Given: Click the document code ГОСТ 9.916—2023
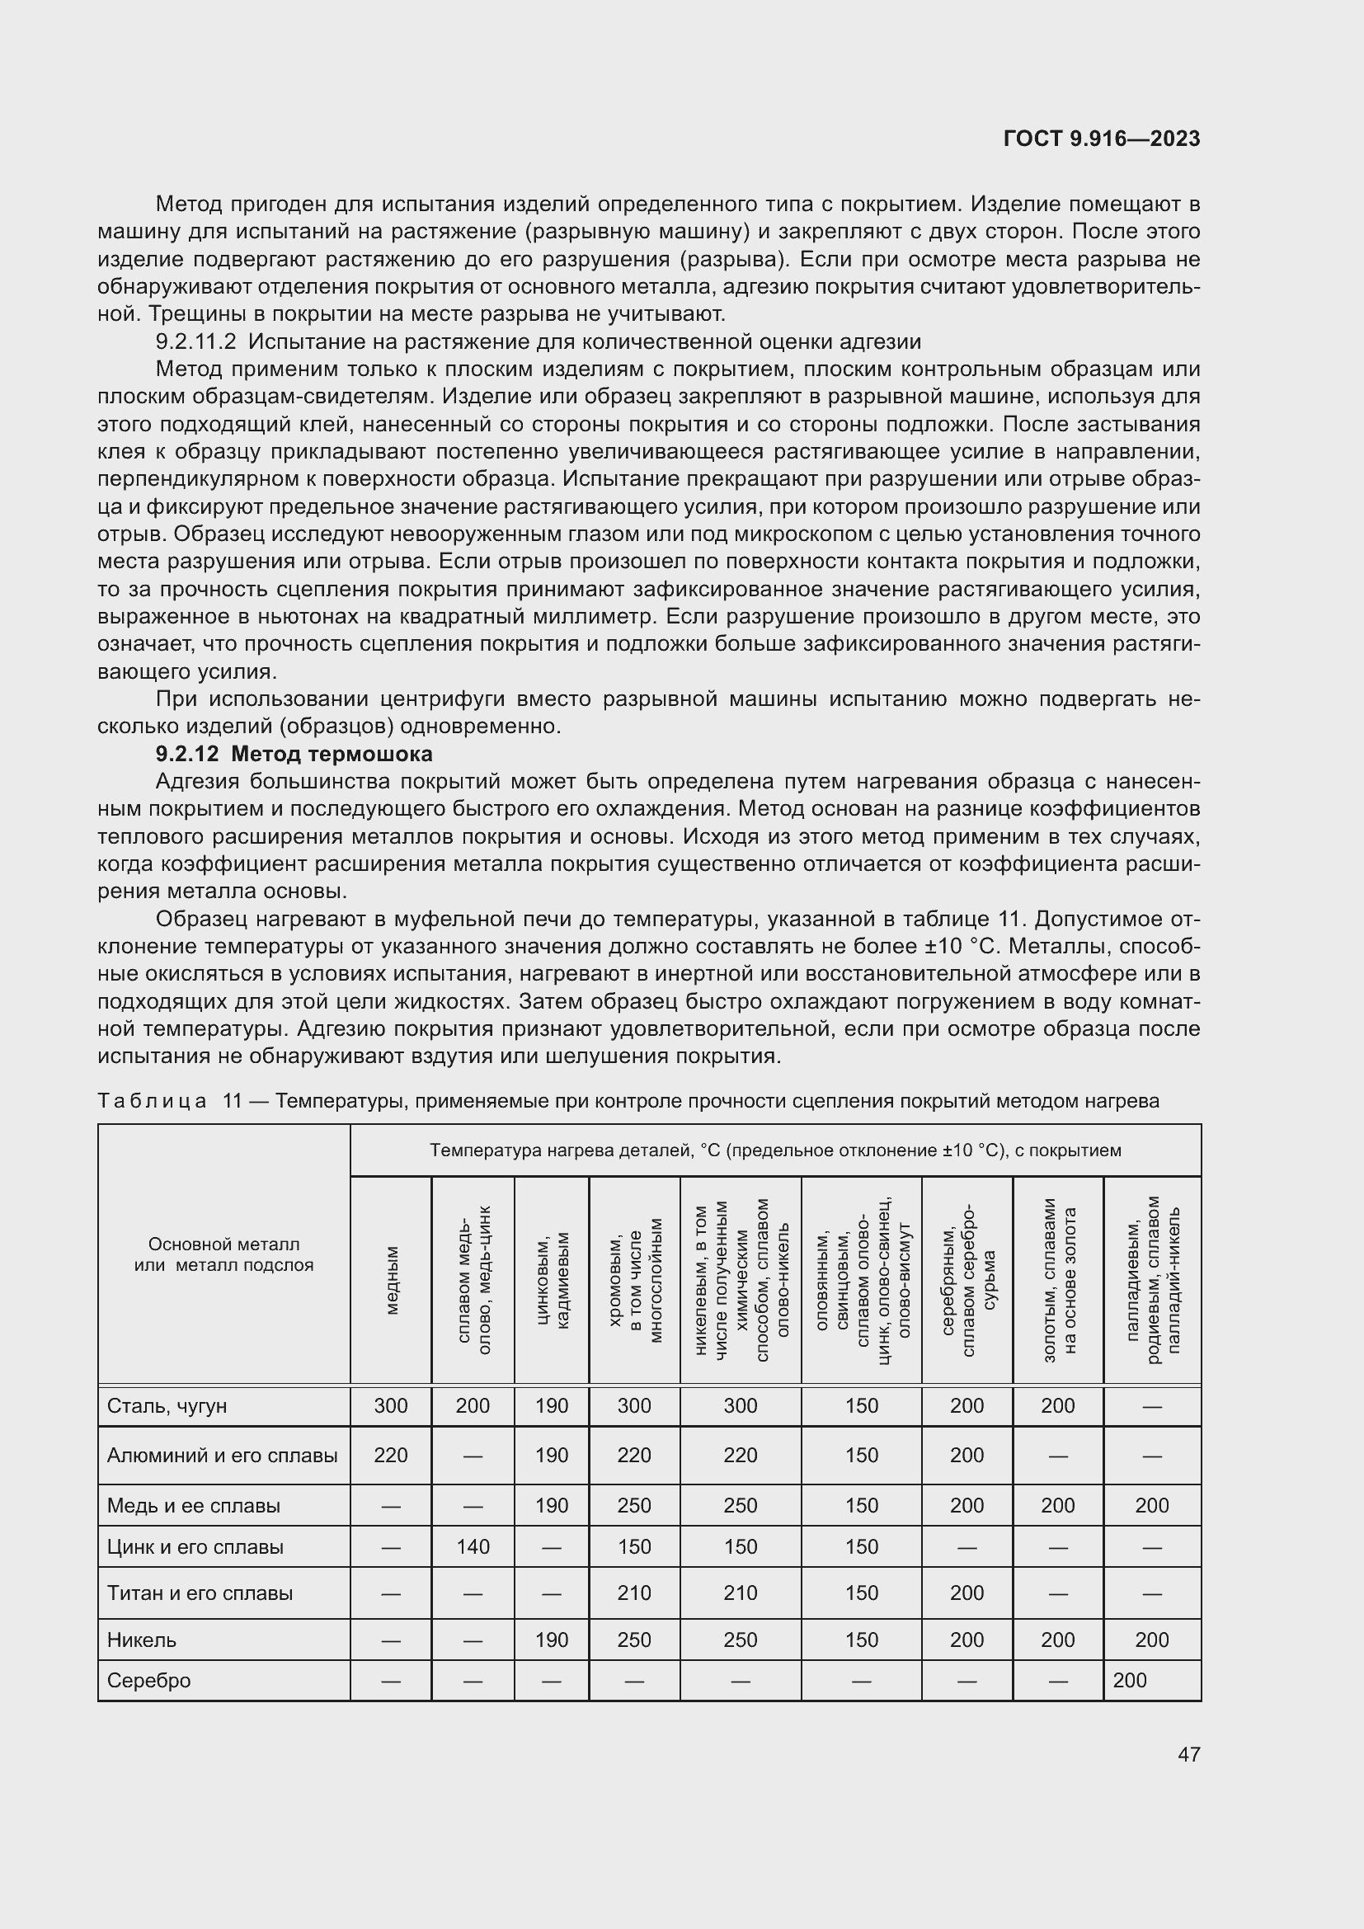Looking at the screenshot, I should coord(1101,139).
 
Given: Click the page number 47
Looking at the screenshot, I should coord(1188,1754).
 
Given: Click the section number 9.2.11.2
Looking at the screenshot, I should coord(195,341).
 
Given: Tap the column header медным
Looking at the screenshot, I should coord(392,1281).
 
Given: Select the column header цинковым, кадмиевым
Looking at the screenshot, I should coord(552,1281).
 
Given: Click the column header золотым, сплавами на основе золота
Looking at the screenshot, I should coord(1058,1281).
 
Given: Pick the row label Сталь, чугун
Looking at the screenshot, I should coord(167,1406).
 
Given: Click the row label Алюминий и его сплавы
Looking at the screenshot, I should coord(222,1455).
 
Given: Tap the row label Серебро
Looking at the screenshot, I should coord(148,1680).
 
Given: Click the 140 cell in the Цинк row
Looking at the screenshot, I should coord(473,1546).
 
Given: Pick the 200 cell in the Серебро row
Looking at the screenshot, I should coord(1130,1680).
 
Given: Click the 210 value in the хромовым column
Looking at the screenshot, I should coord(634,1593).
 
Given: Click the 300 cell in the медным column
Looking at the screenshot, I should coord(391,1406).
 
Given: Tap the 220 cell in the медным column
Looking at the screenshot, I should coord(391,1455).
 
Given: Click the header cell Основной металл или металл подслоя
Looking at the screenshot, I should coord(223,1254).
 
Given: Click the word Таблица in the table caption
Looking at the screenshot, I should coord(152,1102).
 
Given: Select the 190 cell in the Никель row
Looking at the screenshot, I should coord(552,1640).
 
